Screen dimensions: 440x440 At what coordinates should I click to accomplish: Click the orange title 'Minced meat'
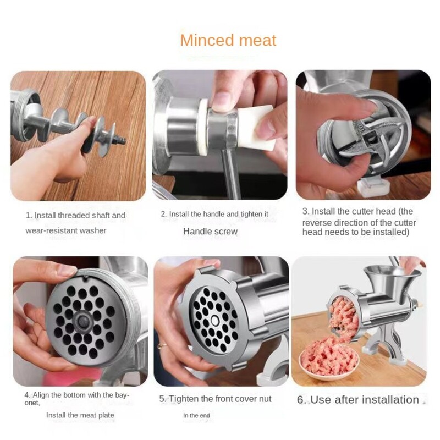(228, 40)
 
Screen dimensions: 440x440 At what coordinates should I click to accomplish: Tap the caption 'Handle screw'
(210, 231)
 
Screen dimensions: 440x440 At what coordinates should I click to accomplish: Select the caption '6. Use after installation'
(358, 400)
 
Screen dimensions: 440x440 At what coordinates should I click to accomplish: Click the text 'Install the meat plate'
(80, 415)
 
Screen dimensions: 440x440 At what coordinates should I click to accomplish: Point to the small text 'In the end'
(196, 415)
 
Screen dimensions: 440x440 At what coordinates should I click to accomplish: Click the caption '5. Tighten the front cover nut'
(215, 399)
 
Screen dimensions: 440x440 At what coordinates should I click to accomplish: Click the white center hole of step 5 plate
(215, 320)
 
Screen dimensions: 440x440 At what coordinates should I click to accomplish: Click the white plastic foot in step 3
(372, 185)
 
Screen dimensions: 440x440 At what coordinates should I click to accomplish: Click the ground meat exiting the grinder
(342, 317)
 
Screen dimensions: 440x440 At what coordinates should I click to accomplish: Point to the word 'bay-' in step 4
(122, 395)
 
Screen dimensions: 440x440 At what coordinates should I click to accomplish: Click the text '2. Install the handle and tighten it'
(215, 214)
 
